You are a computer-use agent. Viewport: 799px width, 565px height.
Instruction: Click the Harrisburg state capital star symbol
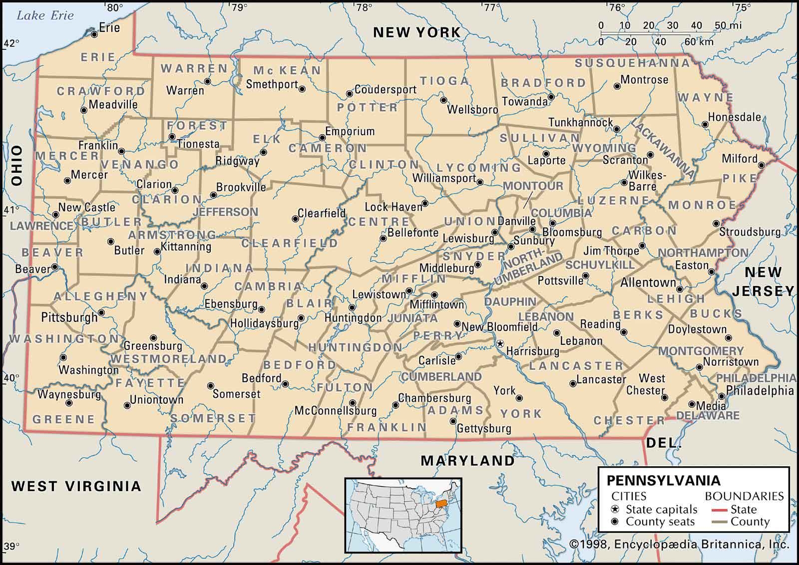(x=499, y=343)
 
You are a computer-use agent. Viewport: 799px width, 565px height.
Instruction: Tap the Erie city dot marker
(x=94, y=34)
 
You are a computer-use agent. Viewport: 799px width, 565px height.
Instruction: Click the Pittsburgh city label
(x=69, y=317)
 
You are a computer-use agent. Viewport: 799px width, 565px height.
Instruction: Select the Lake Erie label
(x=45, y=15)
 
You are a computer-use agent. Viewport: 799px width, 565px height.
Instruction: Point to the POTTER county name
(x=367, y=107)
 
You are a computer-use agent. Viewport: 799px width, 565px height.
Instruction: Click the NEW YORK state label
(x=417, y=32)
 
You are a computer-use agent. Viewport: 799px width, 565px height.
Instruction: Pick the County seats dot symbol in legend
(x=615, y=522)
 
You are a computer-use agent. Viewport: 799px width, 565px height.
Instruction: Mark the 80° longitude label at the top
(x=114, y=7)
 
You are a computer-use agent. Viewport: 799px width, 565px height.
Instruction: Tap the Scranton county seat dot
(x=650, y=155)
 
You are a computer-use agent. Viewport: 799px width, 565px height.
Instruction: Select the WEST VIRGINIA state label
(x=76, y=486)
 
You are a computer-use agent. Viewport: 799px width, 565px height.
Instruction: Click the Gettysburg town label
(x=484, y=428)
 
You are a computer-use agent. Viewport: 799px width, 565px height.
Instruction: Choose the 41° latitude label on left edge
(x=11, y=210)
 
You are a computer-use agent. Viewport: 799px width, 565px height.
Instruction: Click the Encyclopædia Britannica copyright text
(x=679, y=544)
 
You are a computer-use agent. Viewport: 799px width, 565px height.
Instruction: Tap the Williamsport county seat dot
(x=480, y=182)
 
